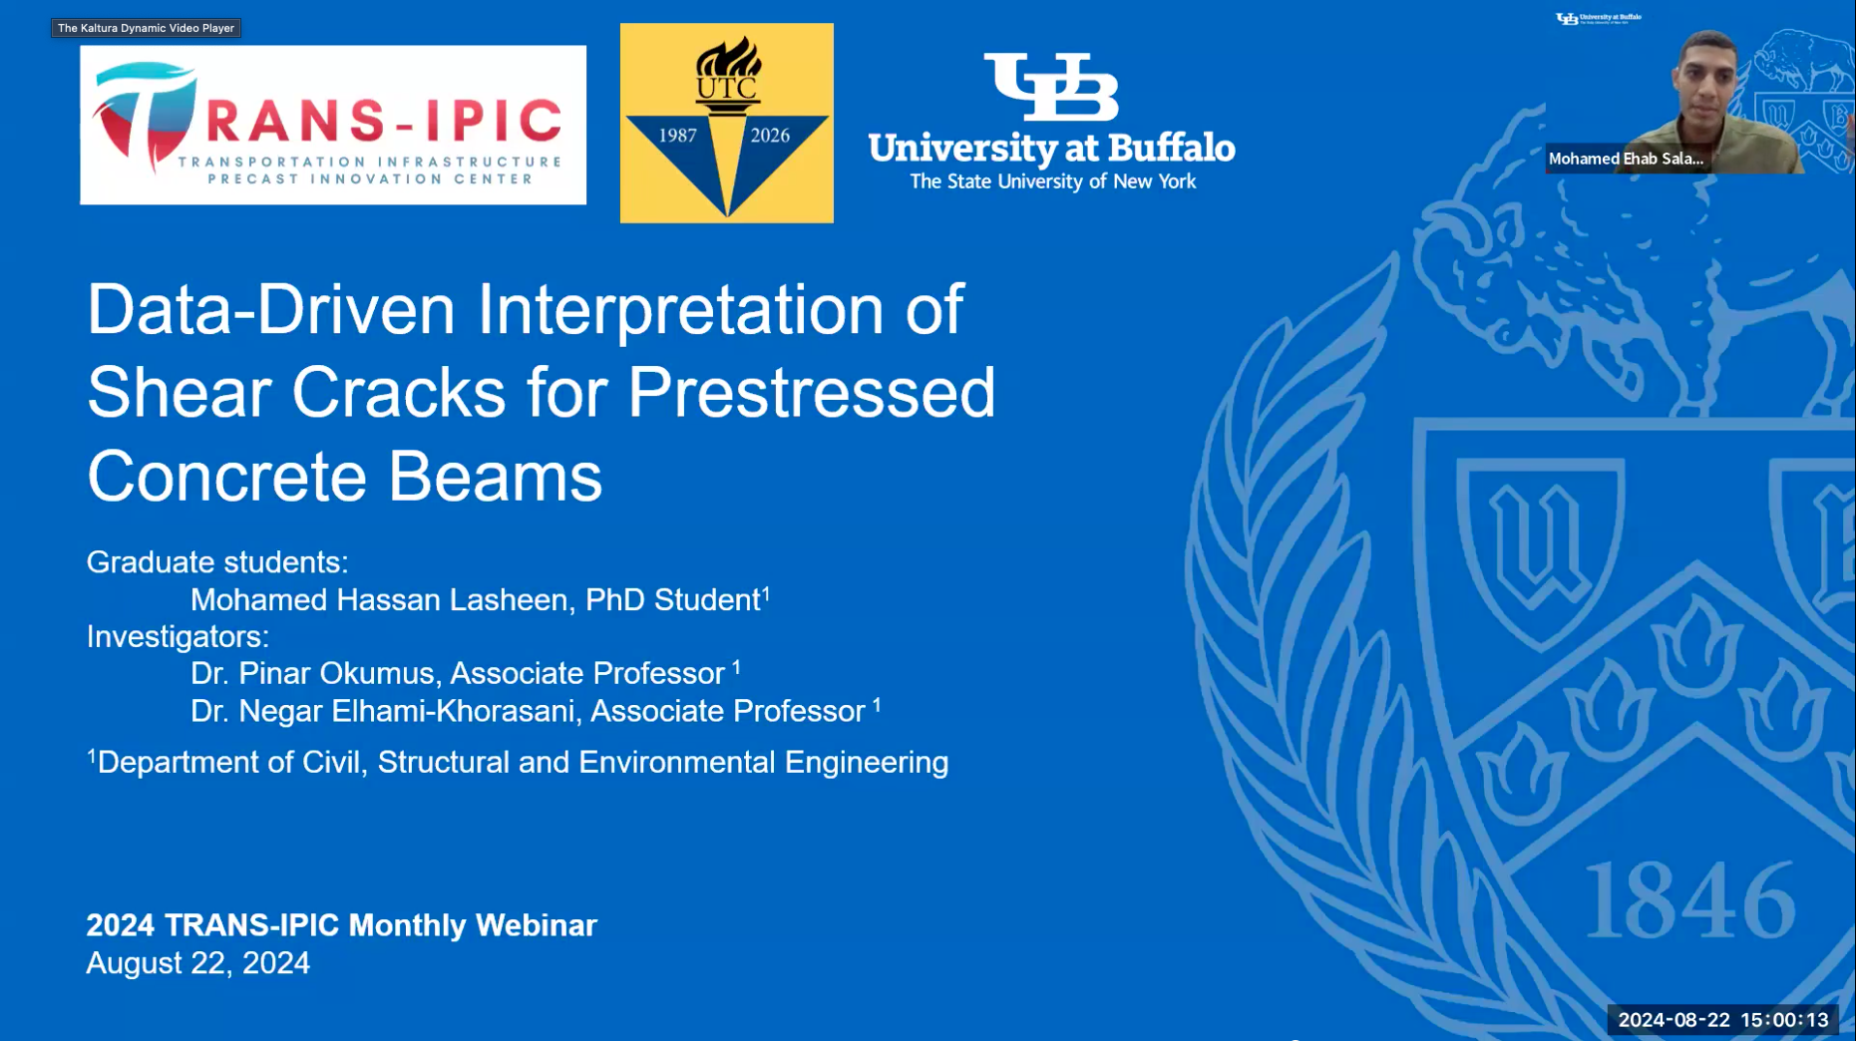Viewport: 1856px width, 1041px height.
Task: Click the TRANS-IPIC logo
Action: click(x=333, y=125)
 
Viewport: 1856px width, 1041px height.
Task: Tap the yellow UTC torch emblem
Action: click(x=727, y=123)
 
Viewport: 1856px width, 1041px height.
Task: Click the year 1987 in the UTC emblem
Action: click(x=678, y=136)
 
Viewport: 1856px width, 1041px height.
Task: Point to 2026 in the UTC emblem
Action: click(x=770, y=136)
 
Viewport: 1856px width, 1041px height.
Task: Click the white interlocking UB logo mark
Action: click(x=1051, y=87)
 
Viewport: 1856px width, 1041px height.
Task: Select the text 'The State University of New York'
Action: click(x=1052, y=181)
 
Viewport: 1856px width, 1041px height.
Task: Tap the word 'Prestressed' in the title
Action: click(x=811, y=392)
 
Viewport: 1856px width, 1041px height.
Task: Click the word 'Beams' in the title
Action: click(x=495, y=476)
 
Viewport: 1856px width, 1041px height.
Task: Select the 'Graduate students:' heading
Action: click(x=217, y=562)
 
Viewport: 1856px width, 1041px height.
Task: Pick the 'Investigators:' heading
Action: click(x=178, y=636)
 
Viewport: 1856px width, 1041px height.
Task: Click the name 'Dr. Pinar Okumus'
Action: click(x=313, y=673)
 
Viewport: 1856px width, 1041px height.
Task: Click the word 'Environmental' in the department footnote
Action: click(x=677, y=762)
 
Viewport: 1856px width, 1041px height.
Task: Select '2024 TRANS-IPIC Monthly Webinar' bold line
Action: click(x=341, y=925)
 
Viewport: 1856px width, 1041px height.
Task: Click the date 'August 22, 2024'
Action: click(x=197, y=963)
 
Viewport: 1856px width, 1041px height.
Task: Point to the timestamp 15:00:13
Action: click(x=1784, y=1020)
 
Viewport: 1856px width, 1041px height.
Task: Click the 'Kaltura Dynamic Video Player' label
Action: click(x=146, y=28)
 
